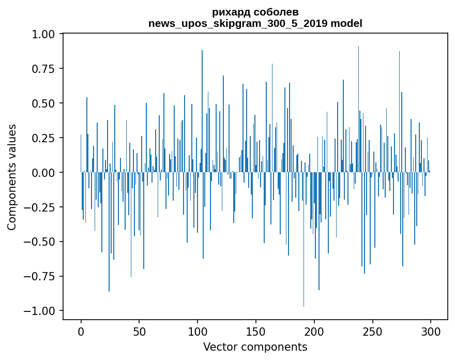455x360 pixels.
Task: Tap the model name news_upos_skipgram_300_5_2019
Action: tap(238, 23)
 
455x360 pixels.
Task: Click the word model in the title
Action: tap(346, 23)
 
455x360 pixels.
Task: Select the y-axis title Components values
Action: tap(11, 177)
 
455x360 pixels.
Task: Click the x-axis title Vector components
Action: tap(255, 347)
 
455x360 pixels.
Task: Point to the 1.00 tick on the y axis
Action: tap(43, 34)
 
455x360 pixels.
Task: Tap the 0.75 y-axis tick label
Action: tap(43, 69)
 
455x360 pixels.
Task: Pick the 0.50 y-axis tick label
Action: tap(43, 103)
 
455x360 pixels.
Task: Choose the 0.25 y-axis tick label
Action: tap(43, 138)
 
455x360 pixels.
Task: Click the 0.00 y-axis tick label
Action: tap(43, 172)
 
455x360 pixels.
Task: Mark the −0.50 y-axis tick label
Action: tap(39, 242)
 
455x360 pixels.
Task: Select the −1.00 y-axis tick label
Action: tap(39, 311)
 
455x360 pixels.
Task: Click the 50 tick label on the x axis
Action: tap(139, 332)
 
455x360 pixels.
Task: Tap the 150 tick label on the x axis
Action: tap(255, 332)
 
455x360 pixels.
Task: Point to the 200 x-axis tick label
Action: tap(314, 332)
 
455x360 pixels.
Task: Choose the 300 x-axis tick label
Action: tap(431, 332)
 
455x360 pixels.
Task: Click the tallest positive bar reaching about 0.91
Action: tap(358, 109)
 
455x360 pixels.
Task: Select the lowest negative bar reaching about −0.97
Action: tap(304, 239)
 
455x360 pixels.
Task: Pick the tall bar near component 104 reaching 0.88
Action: tap(202, 111)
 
